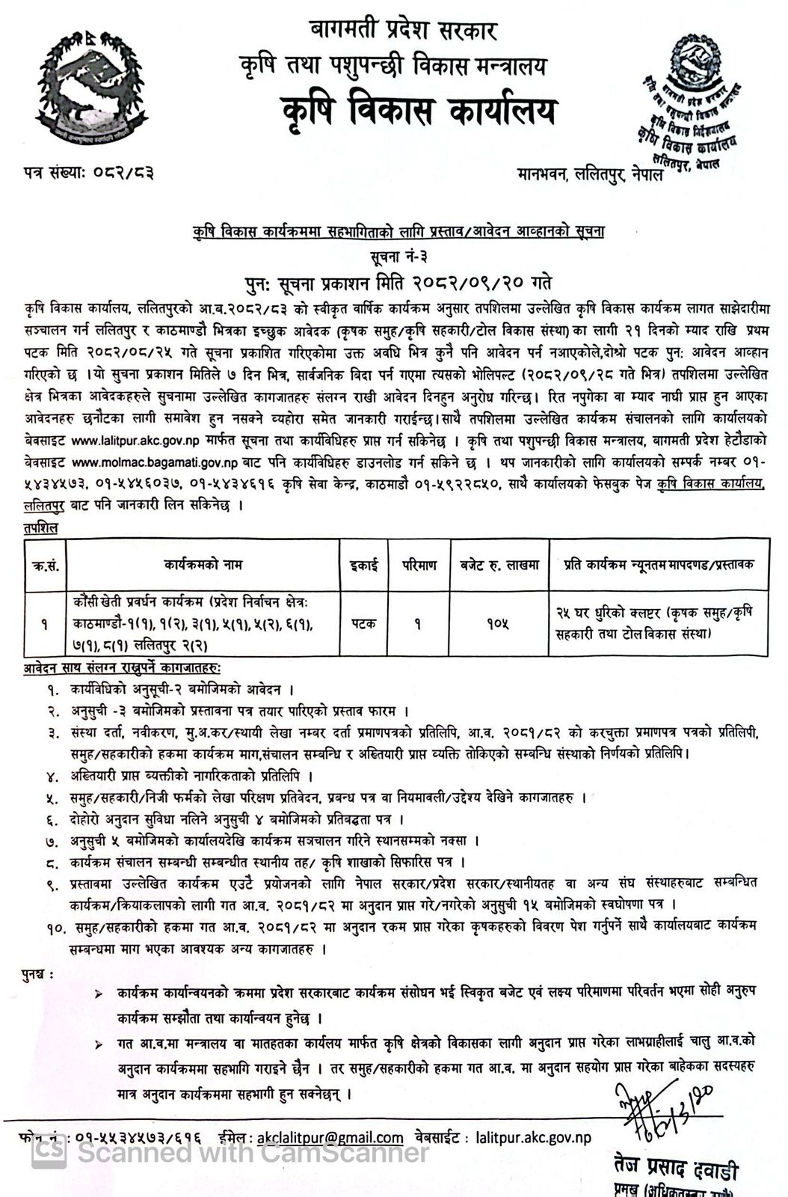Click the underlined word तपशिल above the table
[40, 527]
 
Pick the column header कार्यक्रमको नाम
[203, 565]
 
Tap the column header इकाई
[364, 565]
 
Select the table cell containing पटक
[364, 623]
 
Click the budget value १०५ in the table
[493, 623]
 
